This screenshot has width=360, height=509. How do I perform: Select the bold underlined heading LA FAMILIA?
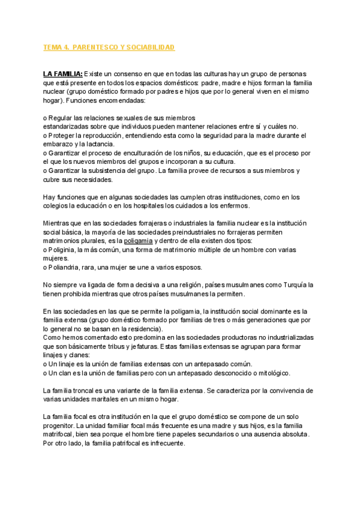click(x=63, y=73)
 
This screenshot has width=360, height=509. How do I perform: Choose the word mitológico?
click(x=270, y=373)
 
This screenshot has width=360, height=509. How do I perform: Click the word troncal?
click(x=83, y=390)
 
